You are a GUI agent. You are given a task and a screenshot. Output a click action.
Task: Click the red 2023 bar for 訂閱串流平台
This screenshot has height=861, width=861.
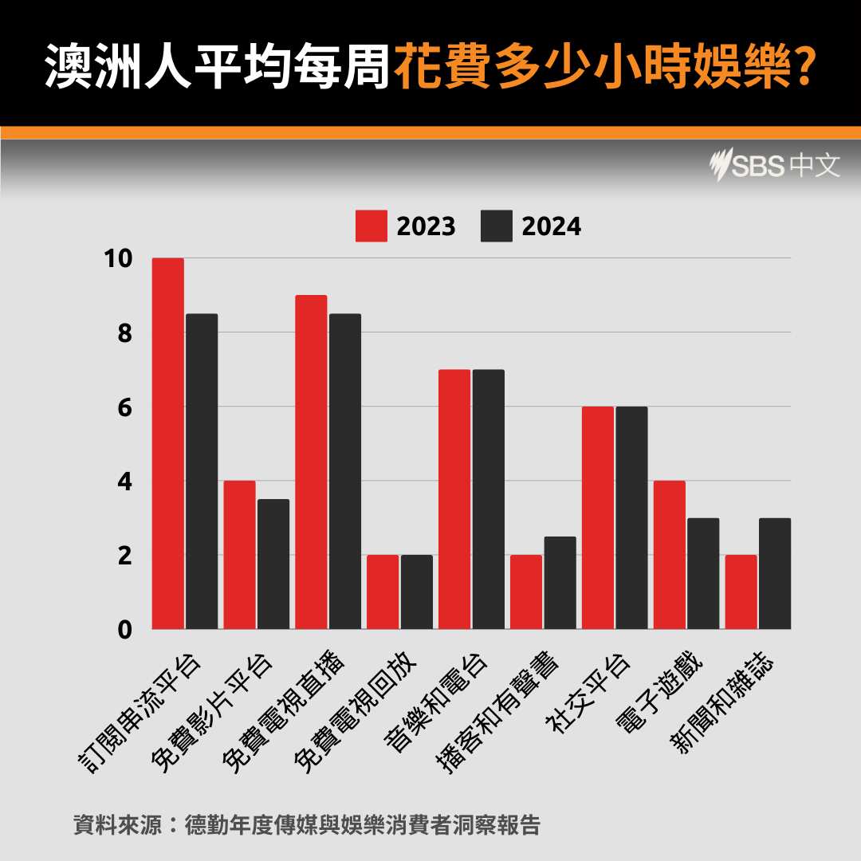[167, 443]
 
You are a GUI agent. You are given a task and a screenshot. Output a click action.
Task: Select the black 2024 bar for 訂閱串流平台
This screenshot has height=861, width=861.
[202, 471]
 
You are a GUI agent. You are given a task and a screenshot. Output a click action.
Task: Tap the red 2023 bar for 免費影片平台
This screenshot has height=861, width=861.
[239, 555]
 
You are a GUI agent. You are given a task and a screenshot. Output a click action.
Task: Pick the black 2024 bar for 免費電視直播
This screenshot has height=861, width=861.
[344, 471]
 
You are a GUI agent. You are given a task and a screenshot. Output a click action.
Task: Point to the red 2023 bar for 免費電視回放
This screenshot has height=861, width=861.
[383, 592]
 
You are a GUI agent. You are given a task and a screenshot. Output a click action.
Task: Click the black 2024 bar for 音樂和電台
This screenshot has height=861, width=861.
[488, 499]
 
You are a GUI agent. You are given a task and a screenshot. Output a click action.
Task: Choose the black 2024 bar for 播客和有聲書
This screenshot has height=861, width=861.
[560, 583]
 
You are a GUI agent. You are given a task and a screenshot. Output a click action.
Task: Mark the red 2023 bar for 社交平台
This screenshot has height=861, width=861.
[598, 517]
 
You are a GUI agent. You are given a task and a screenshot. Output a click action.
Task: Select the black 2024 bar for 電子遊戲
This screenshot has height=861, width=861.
[703, 573]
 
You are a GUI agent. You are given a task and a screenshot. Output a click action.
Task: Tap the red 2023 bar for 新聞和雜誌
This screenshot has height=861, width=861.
[741, 592]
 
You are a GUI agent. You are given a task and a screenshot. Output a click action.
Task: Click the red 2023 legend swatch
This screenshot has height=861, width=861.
[372, 226]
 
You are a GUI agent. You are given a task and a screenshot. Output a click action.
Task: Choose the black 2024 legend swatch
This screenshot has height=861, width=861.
[497, 226]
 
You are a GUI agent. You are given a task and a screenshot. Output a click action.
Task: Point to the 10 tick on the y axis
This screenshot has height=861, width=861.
[117, 258]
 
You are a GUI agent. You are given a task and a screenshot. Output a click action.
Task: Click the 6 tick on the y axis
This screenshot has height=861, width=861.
[124, 407]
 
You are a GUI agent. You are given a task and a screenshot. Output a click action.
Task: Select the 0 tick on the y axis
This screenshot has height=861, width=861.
[124, 629]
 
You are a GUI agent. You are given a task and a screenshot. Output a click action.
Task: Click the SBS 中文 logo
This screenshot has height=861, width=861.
[774, 166]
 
